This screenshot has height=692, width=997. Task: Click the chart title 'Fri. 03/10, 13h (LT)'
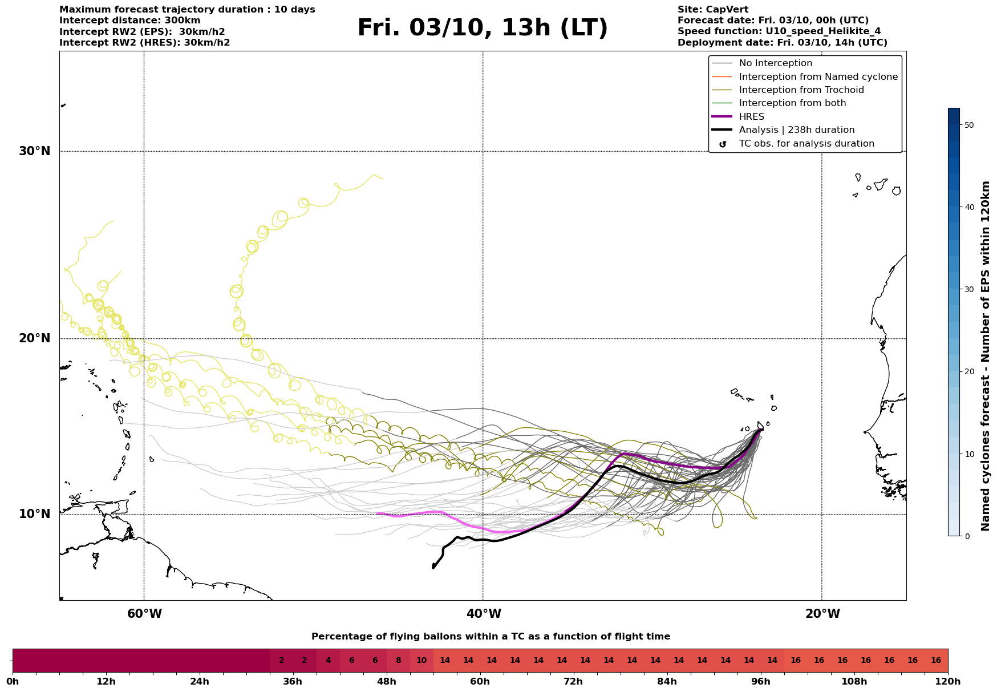pos(483,28)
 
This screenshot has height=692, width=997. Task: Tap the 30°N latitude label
pos(35,151)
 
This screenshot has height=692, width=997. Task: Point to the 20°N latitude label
pos(35,338)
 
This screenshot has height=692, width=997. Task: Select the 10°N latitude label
pos(35,514)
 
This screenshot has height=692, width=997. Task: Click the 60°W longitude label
pos(144,614)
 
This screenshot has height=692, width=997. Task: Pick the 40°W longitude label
pos(484,614)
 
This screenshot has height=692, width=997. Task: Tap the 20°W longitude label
pos(822,614)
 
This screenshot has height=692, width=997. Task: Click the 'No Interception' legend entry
pos(775,63)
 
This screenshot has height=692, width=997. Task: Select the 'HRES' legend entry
pos(751,117)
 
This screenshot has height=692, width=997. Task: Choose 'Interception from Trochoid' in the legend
pos(801,90)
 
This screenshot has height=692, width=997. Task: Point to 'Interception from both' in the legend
pos(792,103)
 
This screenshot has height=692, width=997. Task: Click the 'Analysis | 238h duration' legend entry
pos(796,130)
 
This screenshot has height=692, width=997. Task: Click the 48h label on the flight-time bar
pos(387,682)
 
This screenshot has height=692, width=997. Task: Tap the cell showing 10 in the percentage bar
pos(422,661)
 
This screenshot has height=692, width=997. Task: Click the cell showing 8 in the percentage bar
pos(398,661)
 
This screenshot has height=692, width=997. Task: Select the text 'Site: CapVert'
pos(713,10)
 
